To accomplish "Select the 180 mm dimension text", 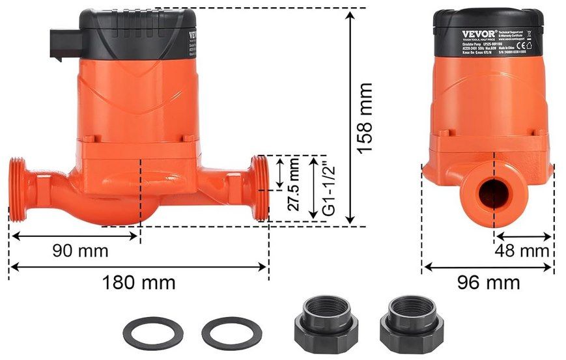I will pyautogui.click(x=139, y=283).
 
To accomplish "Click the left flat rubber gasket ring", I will pyautogui.click(x=152, y=333).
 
